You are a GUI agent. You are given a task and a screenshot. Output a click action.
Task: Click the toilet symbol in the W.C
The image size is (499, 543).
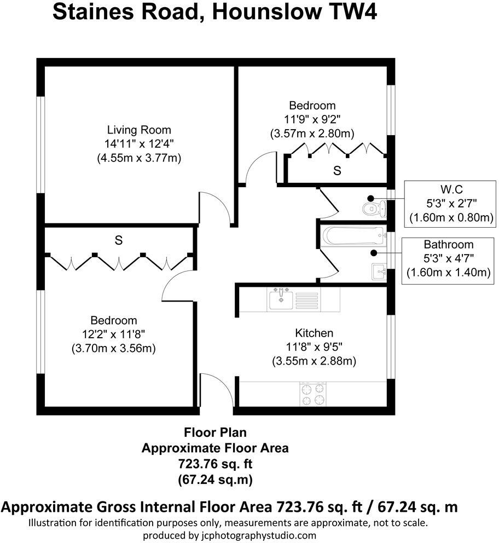(375, 207)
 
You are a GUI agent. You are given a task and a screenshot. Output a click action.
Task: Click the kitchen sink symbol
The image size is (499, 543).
(281, 298)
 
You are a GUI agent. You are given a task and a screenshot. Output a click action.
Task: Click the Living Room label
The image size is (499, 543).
(139, 130)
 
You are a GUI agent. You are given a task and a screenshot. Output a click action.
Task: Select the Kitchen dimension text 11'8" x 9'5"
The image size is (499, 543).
(314, 347)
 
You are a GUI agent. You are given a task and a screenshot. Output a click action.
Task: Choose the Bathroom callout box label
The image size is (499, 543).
(448, 245)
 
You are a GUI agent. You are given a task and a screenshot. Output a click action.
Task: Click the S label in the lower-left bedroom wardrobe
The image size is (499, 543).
(118, 240)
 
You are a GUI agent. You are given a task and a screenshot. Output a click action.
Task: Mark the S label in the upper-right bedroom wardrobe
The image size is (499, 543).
(338, 171)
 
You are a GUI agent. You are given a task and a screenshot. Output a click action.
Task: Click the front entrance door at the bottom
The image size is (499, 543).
(216, 390)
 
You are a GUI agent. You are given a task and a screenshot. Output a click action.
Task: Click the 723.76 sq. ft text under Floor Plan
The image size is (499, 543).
(215, 464)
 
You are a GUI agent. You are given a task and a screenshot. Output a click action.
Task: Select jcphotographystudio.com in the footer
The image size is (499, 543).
(254, 535)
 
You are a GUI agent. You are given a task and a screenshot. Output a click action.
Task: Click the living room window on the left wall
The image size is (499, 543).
(40, 145)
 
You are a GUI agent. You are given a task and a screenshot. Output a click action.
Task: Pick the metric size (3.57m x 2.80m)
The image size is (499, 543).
(312, 133)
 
